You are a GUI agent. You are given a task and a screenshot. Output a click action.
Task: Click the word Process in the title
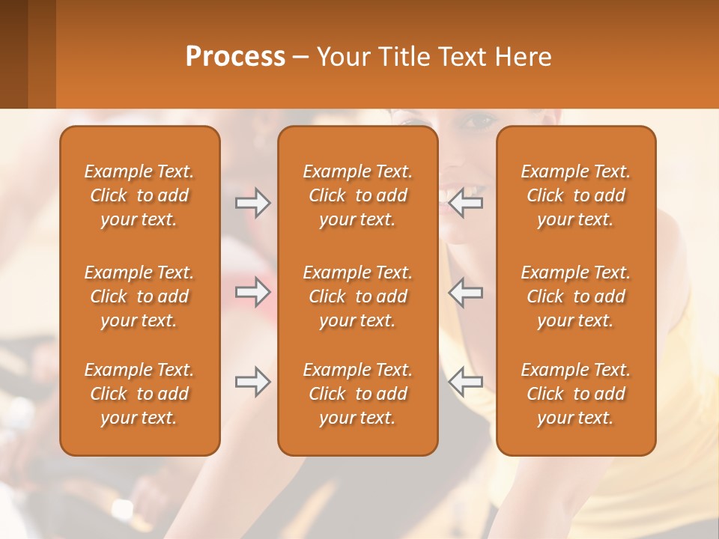coord(235,57)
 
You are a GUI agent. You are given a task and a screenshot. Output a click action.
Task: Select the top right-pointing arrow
coord(252,203)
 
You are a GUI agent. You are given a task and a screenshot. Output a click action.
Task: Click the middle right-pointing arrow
coord(252,291)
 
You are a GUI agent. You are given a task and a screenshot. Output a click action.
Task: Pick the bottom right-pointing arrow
coord(252,382)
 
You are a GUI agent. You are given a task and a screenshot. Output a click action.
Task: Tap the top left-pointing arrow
coord(466,203)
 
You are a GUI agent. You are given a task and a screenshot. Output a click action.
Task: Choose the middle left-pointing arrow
coord(466,291)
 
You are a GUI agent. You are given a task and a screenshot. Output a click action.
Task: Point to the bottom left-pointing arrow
coord(466,382)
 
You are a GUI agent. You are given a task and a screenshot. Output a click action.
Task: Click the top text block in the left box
coord(139,195)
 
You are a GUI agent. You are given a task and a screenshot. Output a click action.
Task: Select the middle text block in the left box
coord(139,296)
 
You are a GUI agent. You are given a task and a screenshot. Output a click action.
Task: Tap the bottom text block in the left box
coord(139,394)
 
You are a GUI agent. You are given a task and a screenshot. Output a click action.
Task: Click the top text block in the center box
coord(357,195)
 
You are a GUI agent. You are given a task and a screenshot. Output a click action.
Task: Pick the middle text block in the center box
coord(357,296)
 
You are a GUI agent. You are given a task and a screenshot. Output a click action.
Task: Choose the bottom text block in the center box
coord(357,394)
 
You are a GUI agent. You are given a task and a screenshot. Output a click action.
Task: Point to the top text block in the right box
coord(575,195)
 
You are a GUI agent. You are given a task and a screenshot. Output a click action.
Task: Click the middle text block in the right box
coord(575,296)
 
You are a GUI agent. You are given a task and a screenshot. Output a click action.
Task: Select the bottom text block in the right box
coord(575,394)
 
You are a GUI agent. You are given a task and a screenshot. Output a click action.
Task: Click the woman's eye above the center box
coord(479,120)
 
